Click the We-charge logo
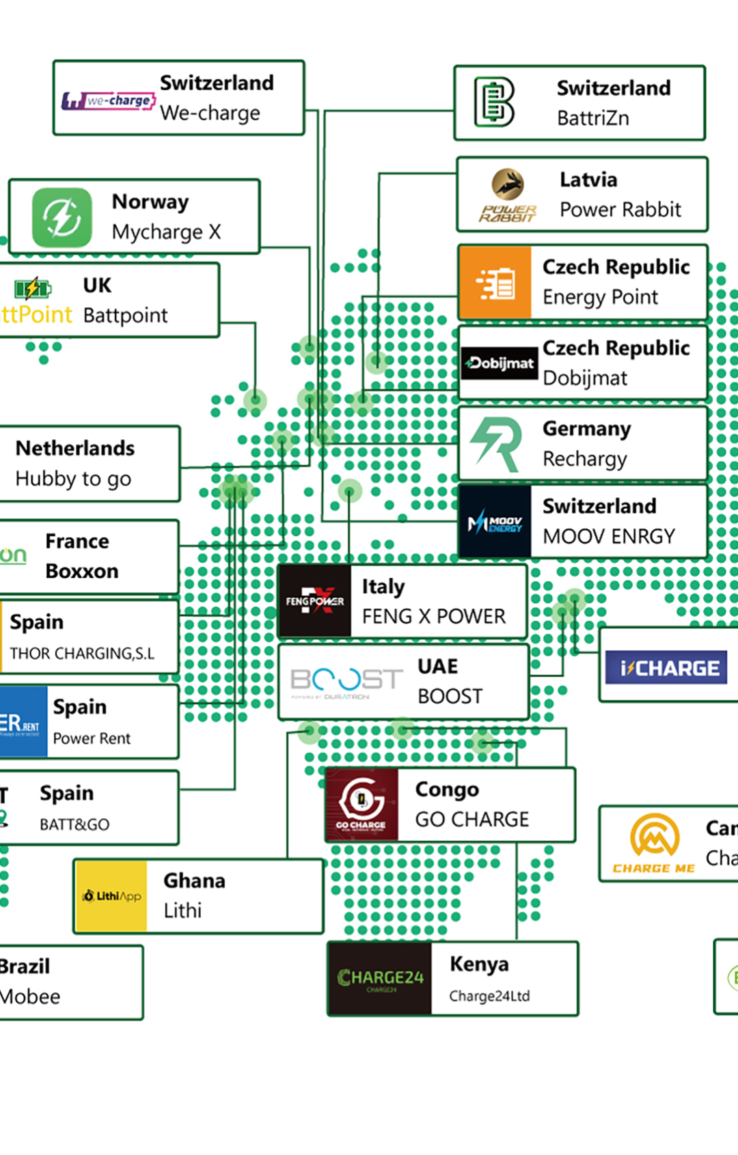coord(109,101)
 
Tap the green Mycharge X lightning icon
coord(61,217)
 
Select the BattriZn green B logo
coord(494,102)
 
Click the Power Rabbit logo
coord(508,195)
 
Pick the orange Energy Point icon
coord(495,283)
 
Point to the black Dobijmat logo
coord(500,363)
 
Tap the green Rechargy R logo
coord(497,444)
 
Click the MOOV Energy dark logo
coord(495,523)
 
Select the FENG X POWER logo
coord(315,602)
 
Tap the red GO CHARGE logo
coord(361,805)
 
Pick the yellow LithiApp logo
coord(111,896)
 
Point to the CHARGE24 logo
coord(380,979)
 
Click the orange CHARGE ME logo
coord(654,844)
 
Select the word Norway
coord(150,202)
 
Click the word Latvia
coord(588,180)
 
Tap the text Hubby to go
coord(73,479)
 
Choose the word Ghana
coord(194,880)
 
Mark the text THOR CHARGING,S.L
coord(82,654)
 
